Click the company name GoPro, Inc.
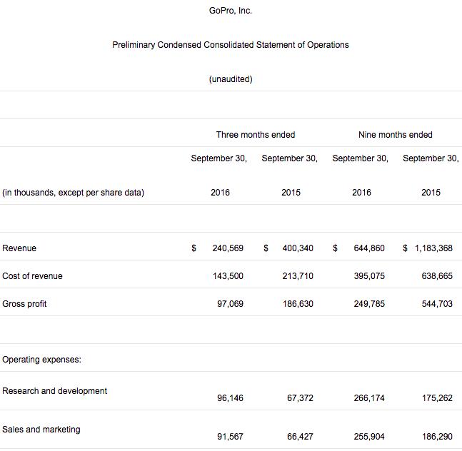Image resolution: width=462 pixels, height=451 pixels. [231, 11]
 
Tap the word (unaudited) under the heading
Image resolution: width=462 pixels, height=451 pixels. [231, 79]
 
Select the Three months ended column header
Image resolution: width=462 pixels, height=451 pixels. [256, 135]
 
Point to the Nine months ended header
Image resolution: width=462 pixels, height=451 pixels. [396, 135]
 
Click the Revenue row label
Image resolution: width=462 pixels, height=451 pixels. [19, 248]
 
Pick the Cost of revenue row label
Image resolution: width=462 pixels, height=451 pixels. [32, 276]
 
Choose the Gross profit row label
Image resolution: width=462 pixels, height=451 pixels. [24, 304]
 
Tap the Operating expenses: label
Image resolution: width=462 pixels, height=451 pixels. [41, 360]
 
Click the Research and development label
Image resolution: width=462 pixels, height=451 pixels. [55, 391]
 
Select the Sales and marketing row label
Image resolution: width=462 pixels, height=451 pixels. [41, 430]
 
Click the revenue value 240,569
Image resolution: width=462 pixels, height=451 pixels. [228, 248]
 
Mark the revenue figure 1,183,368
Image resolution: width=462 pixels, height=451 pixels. [433, 248]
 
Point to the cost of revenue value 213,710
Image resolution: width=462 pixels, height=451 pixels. [298, 276]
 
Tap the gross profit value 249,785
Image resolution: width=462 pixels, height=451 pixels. [368, 304]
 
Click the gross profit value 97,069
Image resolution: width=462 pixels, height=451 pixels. [230, 304]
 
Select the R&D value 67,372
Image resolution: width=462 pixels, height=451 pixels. [300, 398]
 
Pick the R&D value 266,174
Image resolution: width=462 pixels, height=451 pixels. [368, 398]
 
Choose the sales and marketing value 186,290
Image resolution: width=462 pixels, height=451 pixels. [437, 437]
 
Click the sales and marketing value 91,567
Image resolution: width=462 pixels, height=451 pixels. [230, 437]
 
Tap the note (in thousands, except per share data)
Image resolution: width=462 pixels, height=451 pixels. [74, 193]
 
